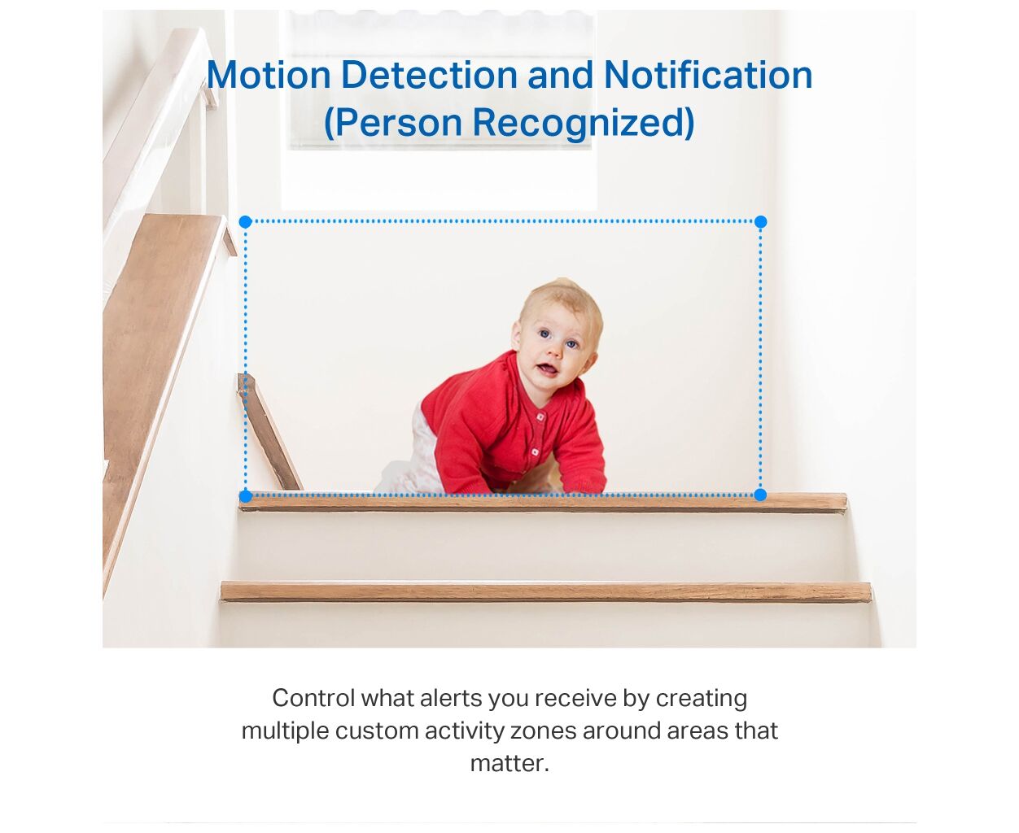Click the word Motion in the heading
[269, 75]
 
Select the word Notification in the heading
[708, 74]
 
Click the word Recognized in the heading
[584, 123]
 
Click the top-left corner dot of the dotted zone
[246, 222]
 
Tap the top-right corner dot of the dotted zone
[760, 222]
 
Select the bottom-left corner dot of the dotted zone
[246, 496]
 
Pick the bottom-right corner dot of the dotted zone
[760, 495]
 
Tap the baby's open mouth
[548, 370]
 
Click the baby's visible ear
[517, 336]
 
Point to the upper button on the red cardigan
[540, 416]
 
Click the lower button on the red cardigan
[535, 452]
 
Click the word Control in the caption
[314, 698]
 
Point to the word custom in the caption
[377, 731]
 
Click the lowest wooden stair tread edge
[546, 591]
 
